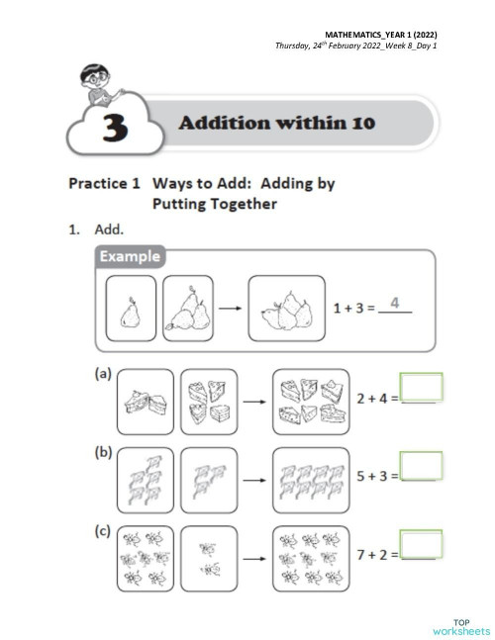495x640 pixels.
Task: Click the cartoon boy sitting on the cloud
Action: pyautogui.click(x=97, y=83)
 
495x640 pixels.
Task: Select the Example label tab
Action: pyautogui.click(x=130, y=257)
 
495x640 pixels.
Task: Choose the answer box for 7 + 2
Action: pyautogui.click(x=421, y=543)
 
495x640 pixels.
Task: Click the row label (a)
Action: pyautogui.click(x=103, y=378)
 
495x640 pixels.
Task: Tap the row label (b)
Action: pyautogui.click(x=103, y=454)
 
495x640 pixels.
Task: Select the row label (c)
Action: pyautogui.click(x=103, y=531)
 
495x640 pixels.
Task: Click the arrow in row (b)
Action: pyautogui.click(x=255, y=479)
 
